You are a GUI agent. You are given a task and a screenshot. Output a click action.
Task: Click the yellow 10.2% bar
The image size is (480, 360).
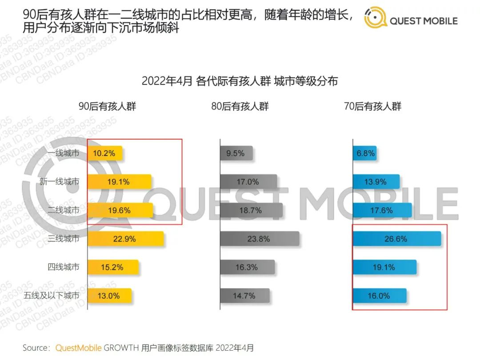point(105,153)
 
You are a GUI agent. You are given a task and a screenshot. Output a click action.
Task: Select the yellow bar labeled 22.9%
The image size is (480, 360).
point(126,239)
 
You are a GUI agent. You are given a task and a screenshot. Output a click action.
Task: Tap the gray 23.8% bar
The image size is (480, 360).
point(260,239)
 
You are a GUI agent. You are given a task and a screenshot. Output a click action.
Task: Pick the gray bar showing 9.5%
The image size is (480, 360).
point(236,153)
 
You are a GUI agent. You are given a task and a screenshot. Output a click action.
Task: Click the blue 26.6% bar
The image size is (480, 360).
point(396,239)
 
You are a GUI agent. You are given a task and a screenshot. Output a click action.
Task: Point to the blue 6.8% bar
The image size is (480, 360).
point(365,153)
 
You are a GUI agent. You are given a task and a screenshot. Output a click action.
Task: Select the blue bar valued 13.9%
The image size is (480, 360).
point(376,182)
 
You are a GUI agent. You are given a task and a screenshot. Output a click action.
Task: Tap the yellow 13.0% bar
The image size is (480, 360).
point(110,296)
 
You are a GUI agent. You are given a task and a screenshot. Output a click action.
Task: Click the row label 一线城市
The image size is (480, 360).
point(64,153)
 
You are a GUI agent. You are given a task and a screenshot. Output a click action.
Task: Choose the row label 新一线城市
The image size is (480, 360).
point(60,182)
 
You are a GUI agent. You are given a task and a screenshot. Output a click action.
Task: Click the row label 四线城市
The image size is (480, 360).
point(64,267)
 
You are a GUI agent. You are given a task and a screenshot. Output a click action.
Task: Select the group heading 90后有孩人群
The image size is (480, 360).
point(107,107)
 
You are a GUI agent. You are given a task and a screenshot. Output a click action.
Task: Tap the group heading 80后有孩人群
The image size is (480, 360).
point(240,107)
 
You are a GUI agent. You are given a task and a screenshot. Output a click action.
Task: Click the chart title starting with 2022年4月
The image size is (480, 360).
point(240,81)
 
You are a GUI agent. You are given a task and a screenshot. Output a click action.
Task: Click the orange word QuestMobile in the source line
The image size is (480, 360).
point(78,348)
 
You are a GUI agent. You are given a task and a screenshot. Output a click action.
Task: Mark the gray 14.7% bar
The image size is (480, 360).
point(245,296)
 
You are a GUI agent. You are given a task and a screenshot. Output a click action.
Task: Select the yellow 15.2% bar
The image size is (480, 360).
point(113,267)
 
